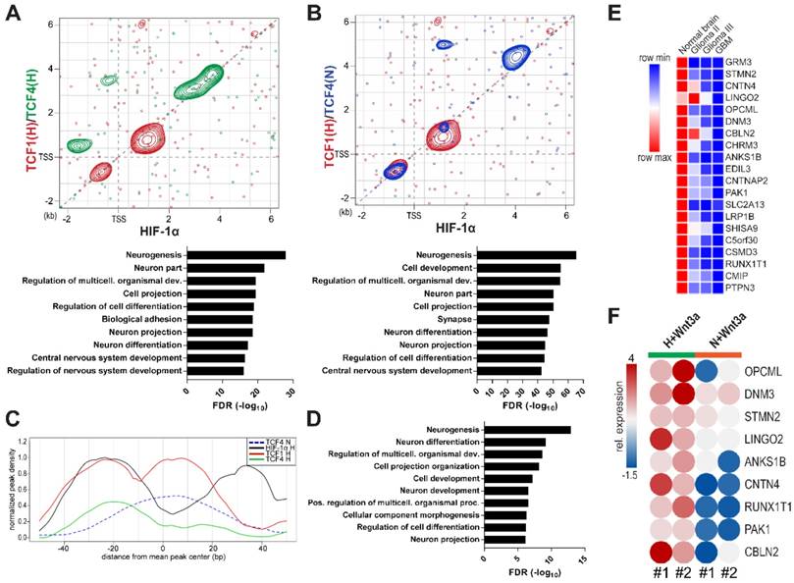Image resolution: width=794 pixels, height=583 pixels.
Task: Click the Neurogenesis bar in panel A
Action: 236,255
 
